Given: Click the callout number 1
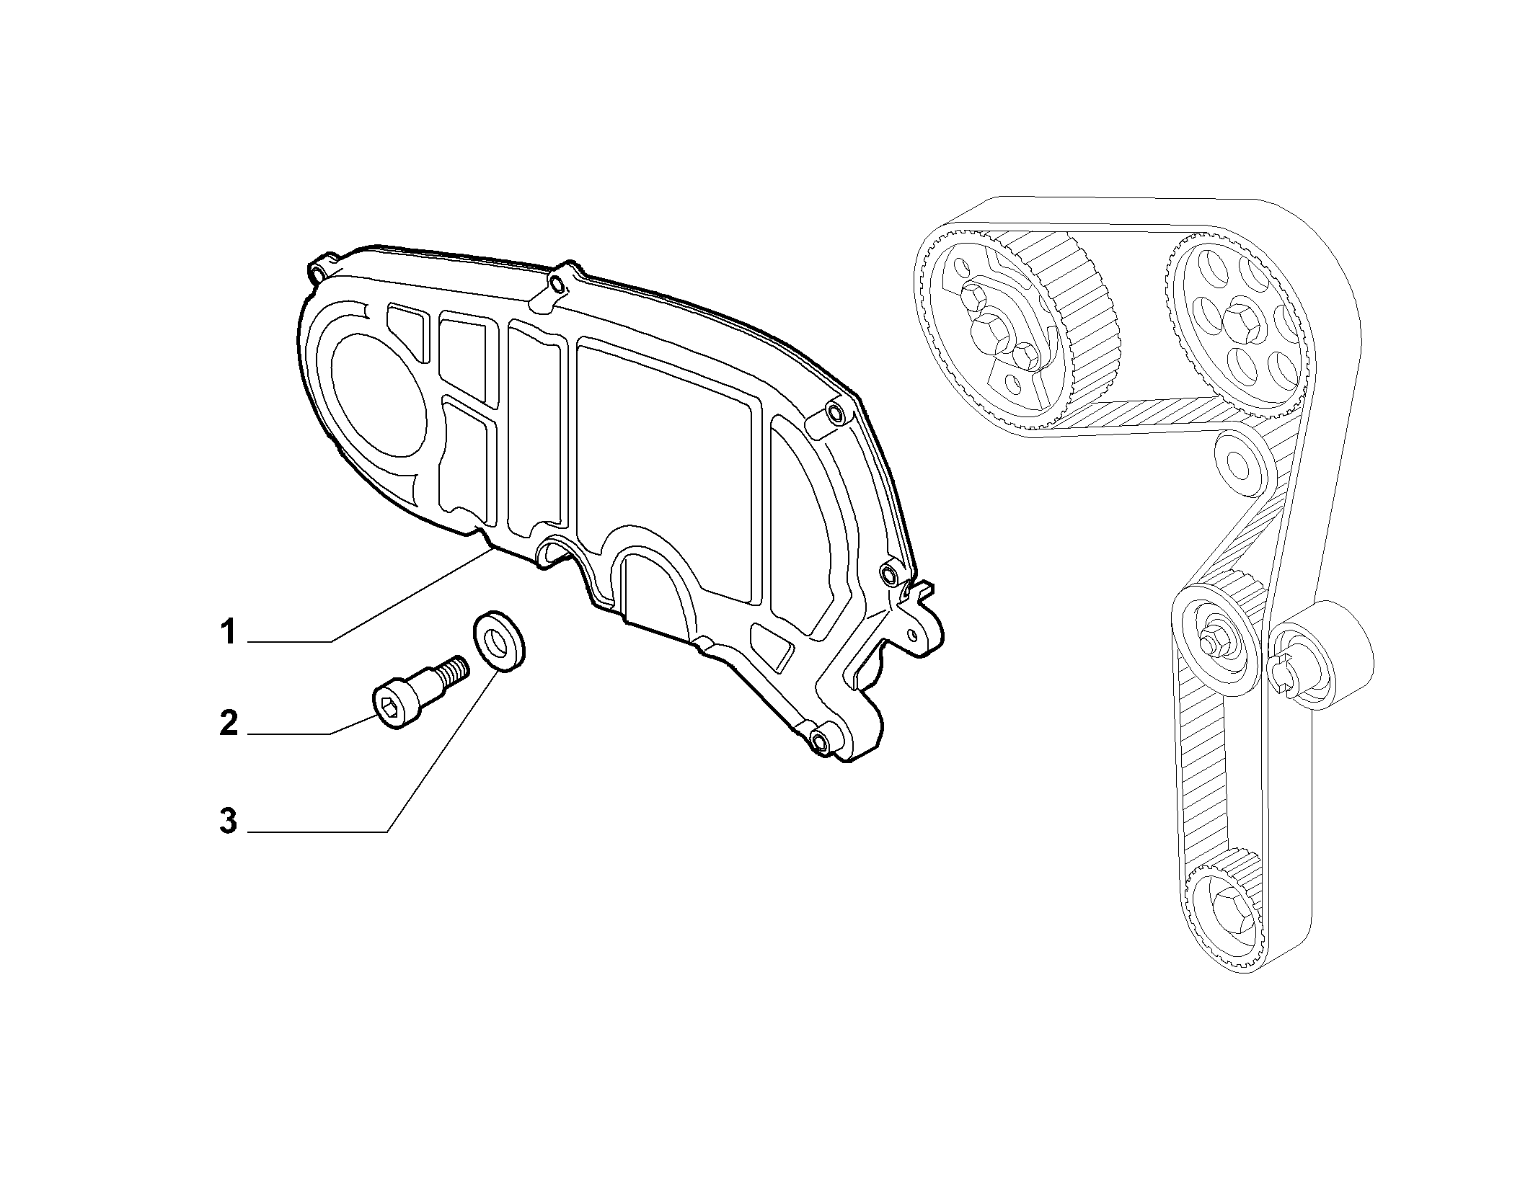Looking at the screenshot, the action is [229, 633].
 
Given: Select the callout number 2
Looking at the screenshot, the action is [229, 723].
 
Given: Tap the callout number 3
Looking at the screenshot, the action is [229, 821].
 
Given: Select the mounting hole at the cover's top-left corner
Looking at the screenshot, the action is [318, 272].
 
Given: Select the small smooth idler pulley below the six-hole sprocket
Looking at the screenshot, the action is [1237, 462].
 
